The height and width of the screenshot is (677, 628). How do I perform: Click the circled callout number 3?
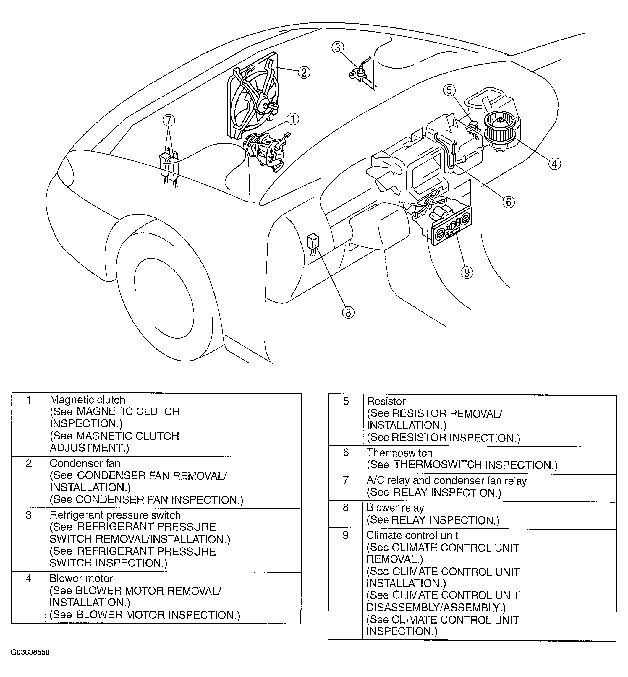337,48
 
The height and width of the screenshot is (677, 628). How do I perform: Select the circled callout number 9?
467,272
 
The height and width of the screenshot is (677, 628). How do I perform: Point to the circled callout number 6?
508,202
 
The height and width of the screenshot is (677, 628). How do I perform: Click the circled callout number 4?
555,164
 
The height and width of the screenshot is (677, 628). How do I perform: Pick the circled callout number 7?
169,120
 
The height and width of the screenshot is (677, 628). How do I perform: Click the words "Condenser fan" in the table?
85,463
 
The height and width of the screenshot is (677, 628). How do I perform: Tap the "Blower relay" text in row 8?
395,508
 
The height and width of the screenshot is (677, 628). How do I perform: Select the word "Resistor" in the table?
386,401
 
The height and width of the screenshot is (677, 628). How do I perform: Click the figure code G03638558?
30,652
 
